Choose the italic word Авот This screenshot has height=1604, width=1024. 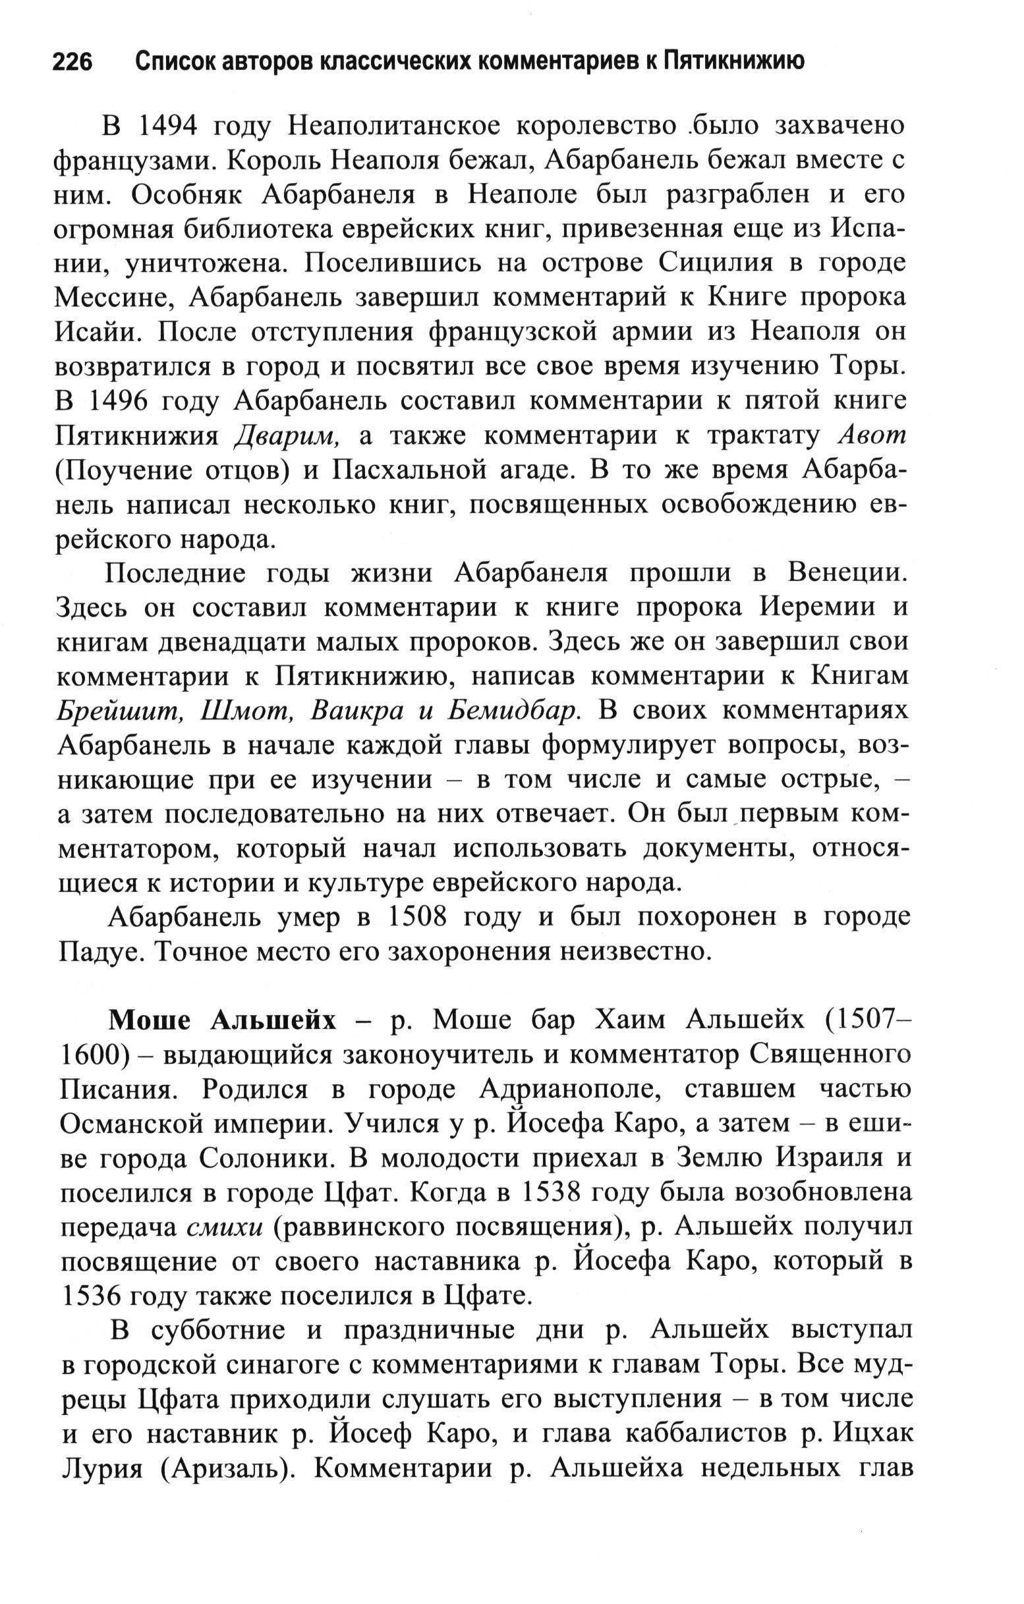click(870, 436)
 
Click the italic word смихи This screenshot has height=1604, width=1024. click(225, 1229)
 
